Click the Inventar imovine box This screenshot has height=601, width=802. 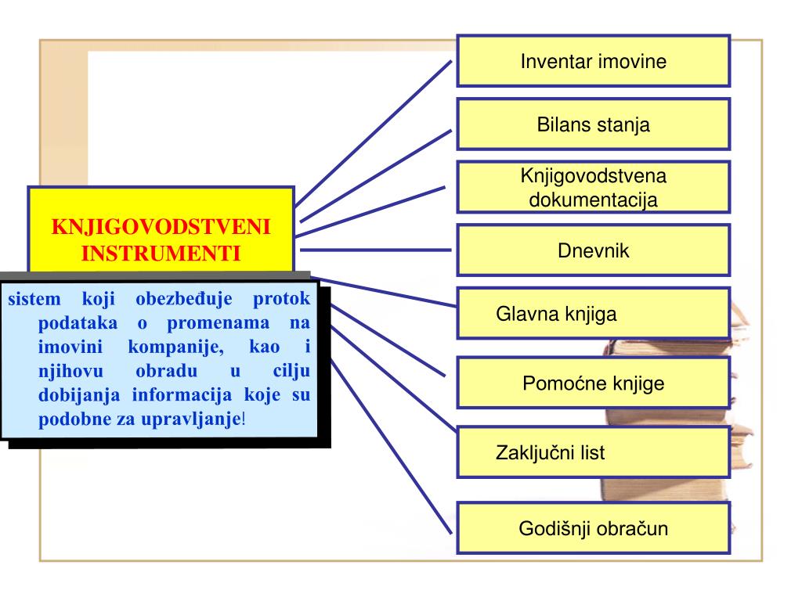(x=593, y=61)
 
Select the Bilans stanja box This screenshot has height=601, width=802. (x=593, y=124)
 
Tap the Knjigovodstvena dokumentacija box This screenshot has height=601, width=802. (x=593, y=187)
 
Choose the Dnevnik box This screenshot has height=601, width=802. (x=593, y=251)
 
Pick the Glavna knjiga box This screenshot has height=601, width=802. (x=593, y=315)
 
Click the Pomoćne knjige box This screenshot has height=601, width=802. (x=593, y=383)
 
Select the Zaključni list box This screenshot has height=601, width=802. (x=593, y=452)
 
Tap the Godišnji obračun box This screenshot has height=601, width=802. (x=593, y=528)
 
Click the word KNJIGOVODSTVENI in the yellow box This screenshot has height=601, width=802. (x=161, y=227)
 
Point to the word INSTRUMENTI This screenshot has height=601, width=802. (x=161, y=254)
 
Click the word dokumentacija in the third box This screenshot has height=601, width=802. (x=593, y=199)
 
